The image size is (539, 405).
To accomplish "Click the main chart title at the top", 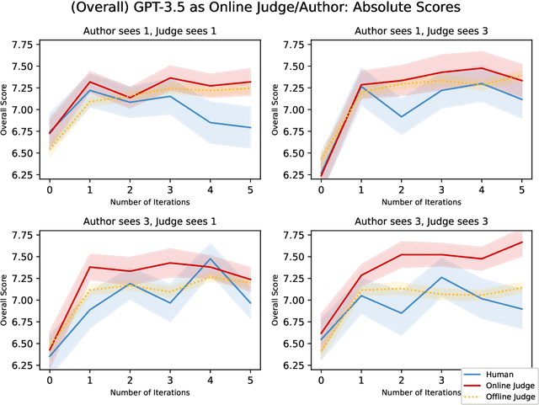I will (x=269, y=10).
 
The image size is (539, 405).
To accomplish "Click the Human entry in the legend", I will (x=504, y=374).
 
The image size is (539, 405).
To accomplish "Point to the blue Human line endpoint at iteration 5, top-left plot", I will (x=252, y=128).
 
